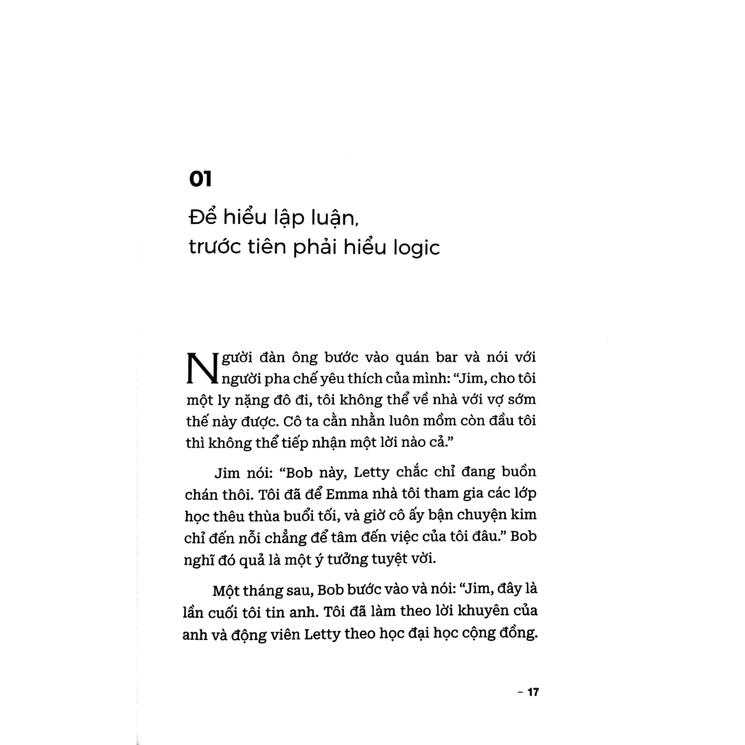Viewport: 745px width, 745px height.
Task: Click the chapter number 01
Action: coord(201,179)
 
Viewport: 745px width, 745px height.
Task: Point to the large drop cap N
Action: coord(199,369)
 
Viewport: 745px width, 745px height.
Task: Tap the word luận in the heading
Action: coord(332,218)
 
